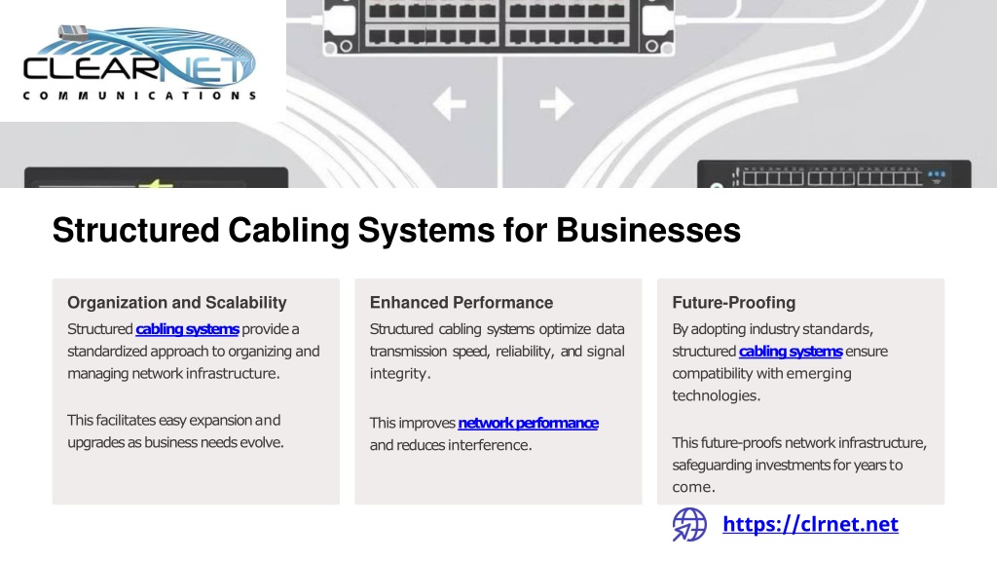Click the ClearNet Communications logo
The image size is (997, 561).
click(x=139, y=62)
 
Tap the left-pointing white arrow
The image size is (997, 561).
click(x=450, y=103)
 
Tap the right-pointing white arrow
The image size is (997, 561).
click(x=556, y=103)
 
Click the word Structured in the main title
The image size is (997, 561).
click(x=136, y=230)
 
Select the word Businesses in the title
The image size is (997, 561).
click(x=648, y=230)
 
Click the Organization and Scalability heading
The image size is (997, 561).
click(x=177, y=303)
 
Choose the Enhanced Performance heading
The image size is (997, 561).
click(x=462, y=303)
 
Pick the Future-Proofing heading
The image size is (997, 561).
click(x=734, y=303)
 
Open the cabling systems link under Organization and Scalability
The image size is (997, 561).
click(x=188, y=329)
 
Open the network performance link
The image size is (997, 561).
click(x=529, y=423)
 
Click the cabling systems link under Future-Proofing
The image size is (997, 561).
click(x=791, y=352)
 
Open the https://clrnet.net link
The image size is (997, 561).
click(x=811, y=524)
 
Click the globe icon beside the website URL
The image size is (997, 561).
click(x=690, y=525)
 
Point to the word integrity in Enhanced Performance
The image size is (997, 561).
click(x=400, y=374)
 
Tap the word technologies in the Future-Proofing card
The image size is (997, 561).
click(x=716, y=395)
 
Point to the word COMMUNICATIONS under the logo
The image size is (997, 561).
click(x=139, y=96)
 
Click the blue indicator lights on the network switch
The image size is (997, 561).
click(x=937, y=173)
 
